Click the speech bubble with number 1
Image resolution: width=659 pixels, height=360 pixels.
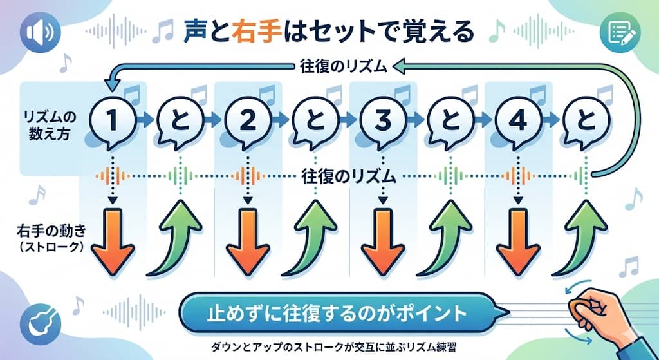113,119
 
